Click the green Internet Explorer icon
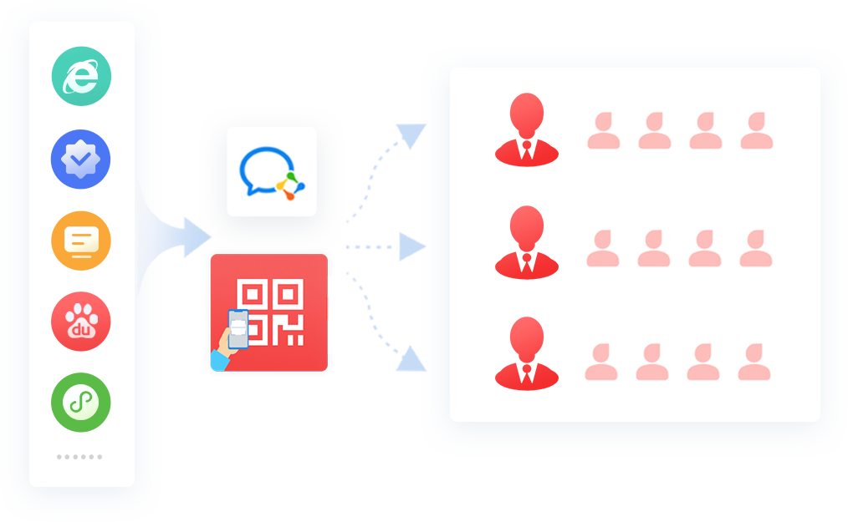81,76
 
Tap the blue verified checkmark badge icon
80,160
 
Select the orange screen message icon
81,241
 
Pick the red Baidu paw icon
81,322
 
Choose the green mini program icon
81,403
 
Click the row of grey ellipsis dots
79,457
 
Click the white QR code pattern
270,312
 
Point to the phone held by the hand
238,328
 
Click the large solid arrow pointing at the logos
196,237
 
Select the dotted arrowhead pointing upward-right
412,135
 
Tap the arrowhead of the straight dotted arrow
412,247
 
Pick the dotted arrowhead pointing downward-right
411,359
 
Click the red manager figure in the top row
527,129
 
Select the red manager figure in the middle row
527,243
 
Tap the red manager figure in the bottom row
527,353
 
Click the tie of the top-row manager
527,150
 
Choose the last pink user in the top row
757,130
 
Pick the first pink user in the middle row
603,248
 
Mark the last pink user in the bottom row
754,362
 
